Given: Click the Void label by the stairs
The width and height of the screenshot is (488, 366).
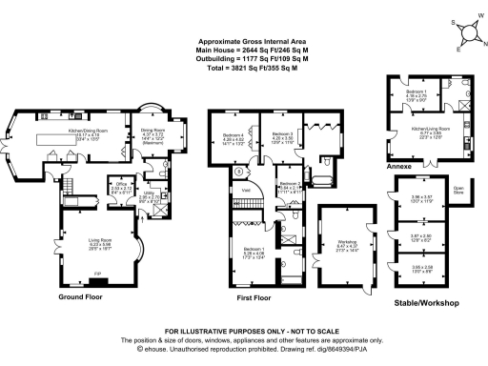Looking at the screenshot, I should [246, 191].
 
